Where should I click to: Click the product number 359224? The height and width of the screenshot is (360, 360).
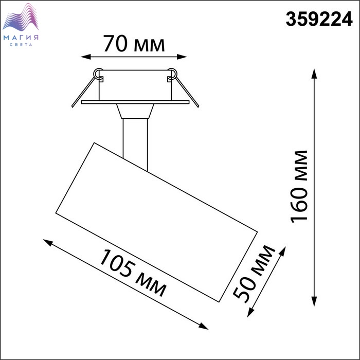(x=319, y=19)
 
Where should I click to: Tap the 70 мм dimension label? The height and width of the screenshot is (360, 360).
(x=134, y=44)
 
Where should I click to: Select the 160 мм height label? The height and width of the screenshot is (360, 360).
(x=299, y=187)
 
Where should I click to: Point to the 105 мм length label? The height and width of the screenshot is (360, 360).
(x=133, y=273)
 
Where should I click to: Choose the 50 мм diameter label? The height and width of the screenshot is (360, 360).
(x=254, y=274)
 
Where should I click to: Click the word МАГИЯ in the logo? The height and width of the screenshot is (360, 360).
(x=21, y=38)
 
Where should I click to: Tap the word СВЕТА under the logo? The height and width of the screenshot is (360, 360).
(x=21, y=45)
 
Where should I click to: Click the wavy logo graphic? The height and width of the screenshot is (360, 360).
(x=21, y=17)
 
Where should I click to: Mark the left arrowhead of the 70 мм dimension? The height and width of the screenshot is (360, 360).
(x=86, y=57)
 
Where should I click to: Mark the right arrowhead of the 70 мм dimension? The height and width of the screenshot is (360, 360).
(x=182, y=57)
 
